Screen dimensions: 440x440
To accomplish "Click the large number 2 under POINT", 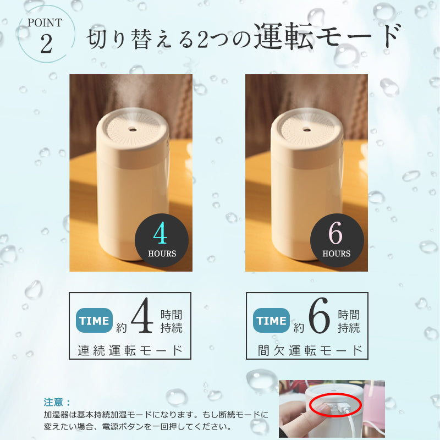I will tap(46, 44).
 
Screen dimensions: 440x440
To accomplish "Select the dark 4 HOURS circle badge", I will tap(162, 240).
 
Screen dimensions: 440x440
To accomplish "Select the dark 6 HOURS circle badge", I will tap(337, 240).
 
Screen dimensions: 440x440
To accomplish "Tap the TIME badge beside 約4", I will tap(94, 321).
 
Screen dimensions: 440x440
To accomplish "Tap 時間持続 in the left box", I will tap(172, 321).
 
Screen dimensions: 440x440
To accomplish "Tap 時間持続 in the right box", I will tap(349, 321).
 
